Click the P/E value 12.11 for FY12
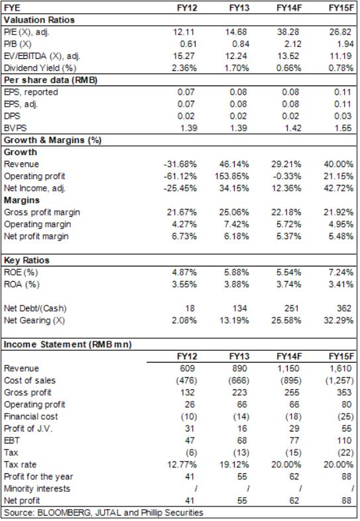tap(184, 32)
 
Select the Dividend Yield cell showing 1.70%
tap(237, 68)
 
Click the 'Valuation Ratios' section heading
tap(39, 20)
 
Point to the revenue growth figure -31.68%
tap(180, 164)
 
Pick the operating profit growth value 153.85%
tap(232, 176)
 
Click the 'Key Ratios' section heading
tap(27, 260)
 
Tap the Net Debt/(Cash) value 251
tap(292, 308)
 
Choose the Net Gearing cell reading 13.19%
tap(234, 320)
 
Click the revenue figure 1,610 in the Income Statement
tap(341, 369)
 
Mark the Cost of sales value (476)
tap(186, 380)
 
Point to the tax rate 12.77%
tap(182, 465)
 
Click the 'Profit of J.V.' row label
tap(29, 429)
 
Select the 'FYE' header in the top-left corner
tap(12, 8)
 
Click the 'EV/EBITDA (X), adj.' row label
tap(42, 56)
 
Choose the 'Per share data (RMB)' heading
tap(50, 80)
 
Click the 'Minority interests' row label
tap(37, 489)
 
